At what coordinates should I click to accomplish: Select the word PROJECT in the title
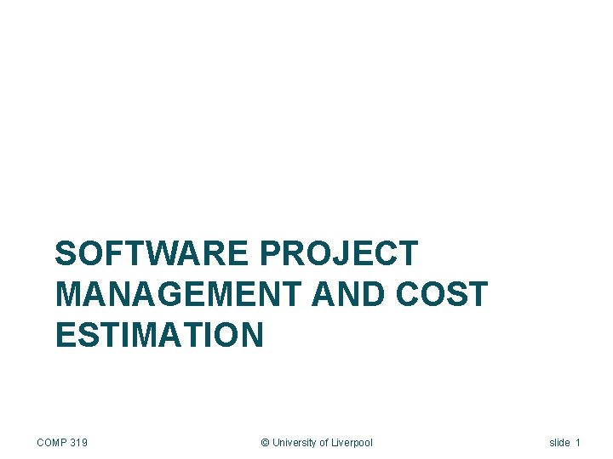pos(338,254)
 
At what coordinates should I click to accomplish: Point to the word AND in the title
pos(349,295)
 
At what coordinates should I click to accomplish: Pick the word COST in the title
pos(440,295)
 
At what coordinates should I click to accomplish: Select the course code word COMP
pos(52,443)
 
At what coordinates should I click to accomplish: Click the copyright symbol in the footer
pos(265,443)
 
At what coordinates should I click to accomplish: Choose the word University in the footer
pos(295,443)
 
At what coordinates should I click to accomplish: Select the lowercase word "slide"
pos(559,443)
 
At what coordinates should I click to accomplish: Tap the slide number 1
pos(578,443)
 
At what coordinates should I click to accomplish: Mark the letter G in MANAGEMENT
pos(166,295)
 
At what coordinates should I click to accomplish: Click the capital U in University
pos(276,443)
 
